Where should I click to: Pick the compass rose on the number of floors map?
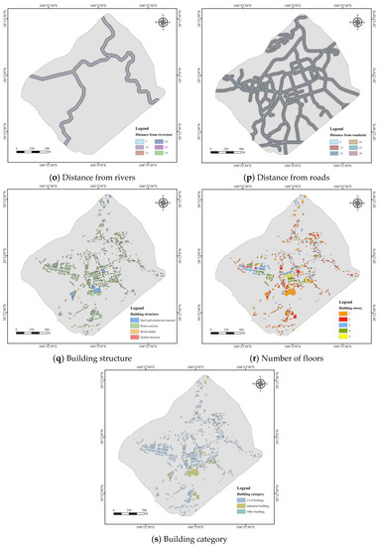click(x=352, y=199)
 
